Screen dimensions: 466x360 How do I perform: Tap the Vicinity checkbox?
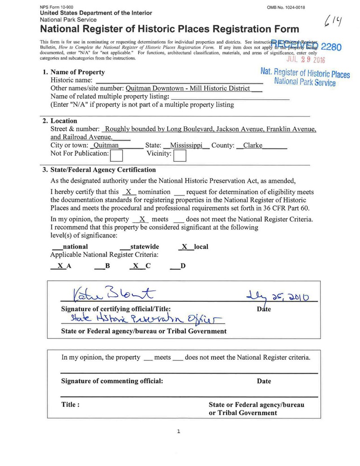click(x=180, y=154)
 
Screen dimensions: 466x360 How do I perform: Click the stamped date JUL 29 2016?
click(x=306, y=60)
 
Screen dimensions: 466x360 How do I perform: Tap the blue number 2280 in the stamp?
click(x=331, y=47)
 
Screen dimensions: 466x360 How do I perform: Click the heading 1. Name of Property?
click(x=74, y=72)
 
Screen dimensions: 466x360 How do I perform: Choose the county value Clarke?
click(x=253, y=145)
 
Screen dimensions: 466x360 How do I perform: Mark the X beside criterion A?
click(x=60, y=266)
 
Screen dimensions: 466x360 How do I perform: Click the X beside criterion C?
click(x=135, y=266)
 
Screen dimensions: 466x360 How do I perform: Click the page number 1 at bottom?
click(x=179, y=431)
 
